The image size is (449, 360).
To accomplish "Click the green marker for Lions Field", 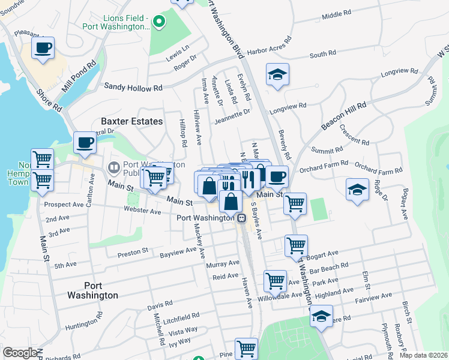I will (158, 23).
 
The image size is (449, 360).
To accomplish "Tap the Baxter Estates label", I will (131, 121).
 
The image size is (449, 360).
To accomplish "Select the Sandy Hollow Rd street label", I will (133, 87).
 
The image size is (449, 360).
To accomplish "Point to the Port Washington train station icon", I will (241, 218).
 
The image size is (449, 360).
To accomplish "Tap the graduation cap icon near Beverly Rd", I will (277, 75).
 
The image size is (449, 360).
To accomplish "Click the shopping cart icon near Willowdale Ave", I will (275, 280).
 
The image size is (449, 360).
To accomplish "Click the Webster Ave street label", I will (142, 211).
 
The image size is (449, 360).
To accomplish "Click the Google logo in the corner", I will (20, 353).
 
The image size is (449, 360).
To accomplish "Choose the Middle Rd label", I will (336, 14).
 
